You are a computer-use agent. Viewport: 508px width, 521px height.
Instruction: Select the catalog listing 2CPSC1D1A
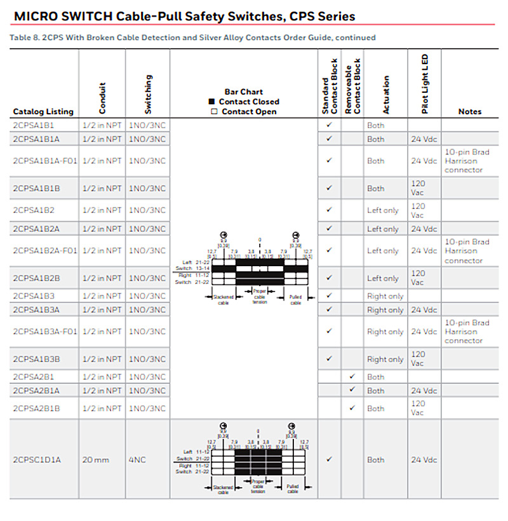pyautogui.click(x=37, y=460)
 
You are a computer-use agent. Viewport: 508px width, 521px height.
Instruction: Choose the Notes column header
pyautogui.click(x=470, y=112)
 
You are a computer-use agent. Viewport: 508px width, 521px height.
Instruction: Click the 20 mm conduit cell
pyautogui.click(x=97, y=460)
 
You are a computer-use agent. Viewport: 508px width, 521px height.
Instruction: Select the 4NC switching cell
pyautogui.click(x=138, y=460)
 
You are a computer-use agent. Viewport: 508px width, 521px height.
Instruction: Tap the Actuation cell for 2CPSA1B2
pyautogui.click(x=383, y=210)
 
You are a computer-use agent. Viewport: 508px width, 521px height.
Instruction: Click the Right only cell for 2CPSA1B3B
pyautogui.click(x=385, y=360)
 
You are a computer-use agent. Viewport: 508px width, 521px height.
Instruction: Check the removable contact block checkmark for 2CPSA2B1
pyautogui.click(x=352, y=377)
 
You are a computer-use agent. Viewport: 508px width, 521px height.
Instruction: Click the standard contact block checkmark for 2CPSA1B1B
pyautogui.click(x=329, y=188)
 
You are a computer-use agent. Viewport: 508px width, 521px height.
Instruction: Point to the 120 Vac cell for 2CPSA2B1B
pyautogui.click(x=418, y=408)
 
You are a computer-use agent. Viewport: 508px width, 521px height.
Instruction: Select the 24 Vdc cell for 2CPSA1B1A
pyautogui.click(x=424, y=139)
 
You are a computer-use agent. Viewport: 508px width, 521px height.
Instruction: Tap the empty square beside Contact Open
pyautogui.click(x=214, y=112)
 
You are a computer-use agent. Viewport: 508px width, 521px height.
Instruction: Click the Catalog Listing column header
pyautogui.click(x=43, y=112)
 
